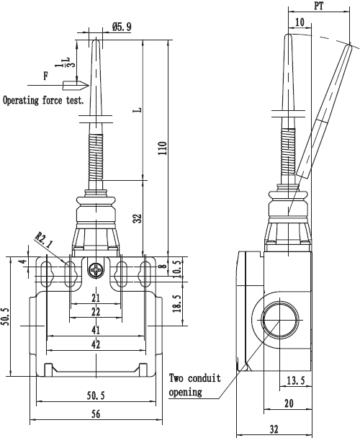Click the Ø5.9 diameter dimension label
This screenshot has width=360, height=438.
click(x=122, y=27)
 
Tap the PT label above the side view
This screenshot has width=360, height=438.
click(x=319, y=6)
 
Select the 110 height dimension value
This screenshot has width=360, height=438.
click(x=163, y=148)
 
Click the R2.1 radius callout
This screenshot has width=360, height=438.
click(x=44, y=240)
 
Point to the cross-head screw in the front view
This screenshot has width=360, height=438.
click(x=96, y=270)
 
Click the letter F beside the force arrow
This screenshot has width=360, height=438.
click(x=46, y=76)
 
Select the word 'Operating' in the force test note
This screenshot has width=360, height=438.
click(x=21, y=101)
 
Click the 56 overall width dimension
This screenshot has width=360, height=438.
click(x=96, y=414)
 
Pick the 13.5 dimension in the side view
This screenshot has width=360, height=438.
click(x=296, y=380)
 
